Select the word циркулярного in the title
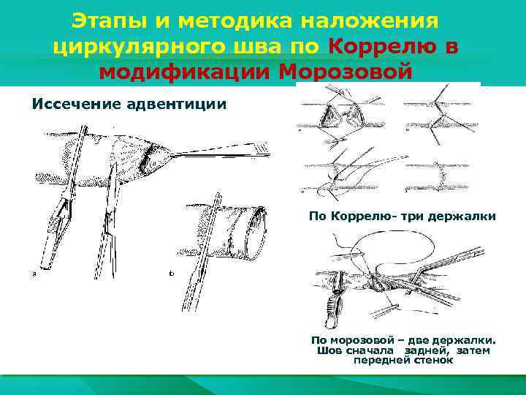pos(140,46)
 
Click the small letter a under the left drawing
pos(34,274)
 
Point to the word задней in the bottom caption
pos(427,350)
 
